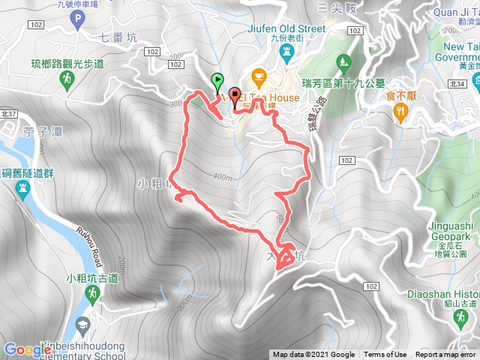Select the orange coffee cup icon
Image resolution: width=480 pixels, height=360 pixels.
[259, 76]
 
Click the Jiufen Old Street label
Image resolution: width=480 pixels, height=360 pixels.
[286, 28]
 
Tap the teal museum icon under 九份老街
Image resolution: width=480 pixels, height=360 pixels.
[286, 52]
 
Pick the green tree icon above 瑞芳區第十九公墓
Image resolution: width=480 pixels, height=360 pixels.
[344, 60]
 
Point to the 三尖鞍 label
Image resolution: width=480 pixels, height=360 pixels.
[335, 8]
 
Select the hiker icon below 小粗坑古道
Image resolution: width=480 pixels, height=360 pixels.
[91, 296]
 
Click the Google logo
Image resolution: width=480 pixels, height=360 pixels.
[27, 350]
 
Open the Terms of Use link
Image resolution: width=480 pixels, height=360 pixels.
[385, 355]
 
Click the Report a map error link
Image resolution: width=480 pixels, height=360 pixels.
[445, 355]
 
